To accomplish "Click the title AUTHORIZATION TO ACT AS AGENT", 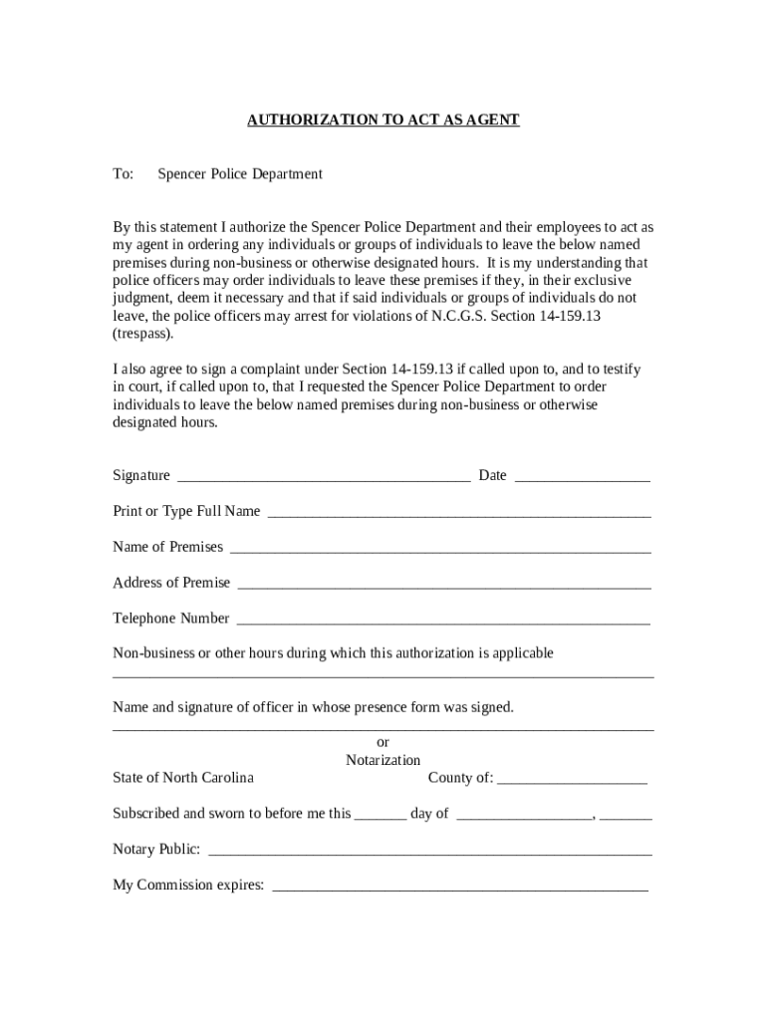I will [383, 121].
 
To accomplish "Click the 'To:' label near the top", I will [124, 174].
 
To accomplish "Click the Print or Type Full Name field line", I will [459, 514].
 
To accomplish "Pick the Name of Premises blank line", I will [440, 550].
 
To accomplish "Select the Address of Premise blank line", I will [444, 586].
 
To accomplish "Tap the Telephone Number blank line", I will [443, 622].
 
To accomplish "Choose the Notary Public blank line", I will [429, 853].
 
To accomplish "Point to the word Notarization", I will [383, 760].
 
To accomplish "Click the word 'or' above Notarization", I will [383, 742].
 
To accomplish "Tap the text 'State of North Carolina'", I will [183, 778].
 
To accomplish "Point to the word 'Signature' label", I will [141, 476].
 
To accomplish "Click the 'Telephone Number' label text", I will [171, 619].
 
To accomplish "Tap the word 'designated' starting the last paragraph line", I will [148, 422].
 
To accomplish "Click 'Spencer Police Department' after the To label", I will [240, 174].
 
